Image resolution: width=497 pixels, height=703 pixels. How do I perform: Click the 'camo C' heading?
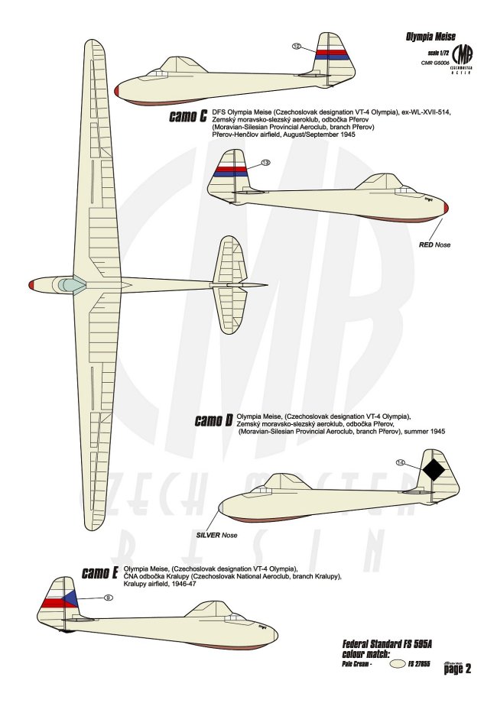pyautogui.click(x=188, y=117)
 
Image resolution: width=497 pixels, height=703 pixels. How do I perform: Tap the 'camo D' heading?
pyautogui.click(x=214, y=420)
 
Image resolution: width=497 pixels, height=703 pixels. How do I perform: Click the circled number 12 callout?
pyautogui.click(x=296, y=46)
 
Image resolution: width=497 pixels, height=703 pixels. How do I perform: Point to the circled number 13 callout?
pyautogui.click(x=265, y=163)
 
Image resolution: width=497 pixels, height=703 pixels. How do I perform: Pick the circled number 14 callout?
pyautogui.click(x=400, y=462)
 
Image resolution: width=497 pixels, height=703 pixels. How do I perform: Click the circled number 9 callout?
pyautogui.click(x=108, y=598)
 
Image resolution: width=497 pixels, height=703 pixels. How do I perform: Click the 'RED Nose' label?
pyautogui.click(x=433, y=245)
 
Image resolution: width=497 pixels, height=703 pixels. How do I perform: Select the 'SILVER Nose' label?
pyautogui.click(x=216, y=535)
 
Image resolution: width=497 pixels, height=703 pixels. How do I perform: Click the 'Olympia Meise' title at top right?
pyautogui.click(x=430, y=35)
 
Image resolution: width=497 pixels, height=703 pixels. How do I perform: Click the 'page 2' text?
pyautogui.click(x=456, y=668)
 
